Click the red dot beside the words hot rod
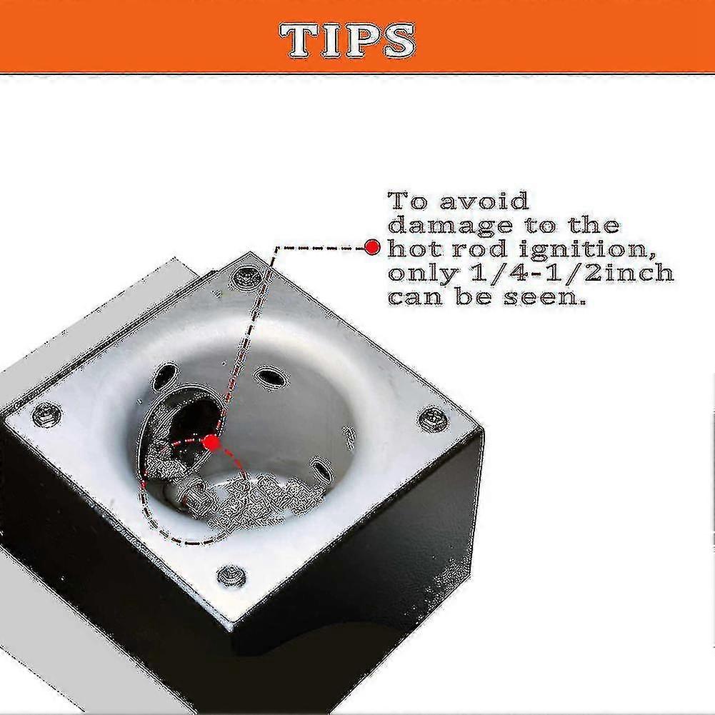tap(373, 248)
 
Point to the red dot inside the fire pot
tap(211, 442)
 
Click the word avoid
tap(484, 201)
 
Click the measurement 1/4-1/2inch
tap(571, 273)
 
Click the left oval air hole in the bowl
tap(164, 376)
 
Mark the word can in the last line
tap(415, 299)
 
